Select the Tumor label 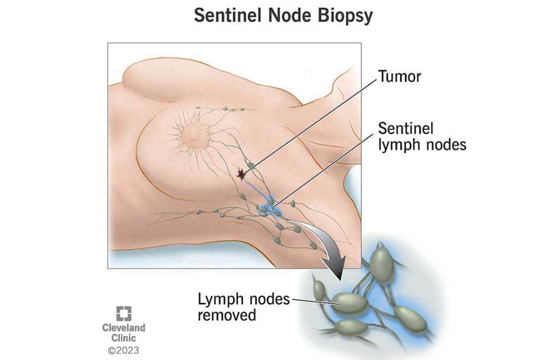click(x=400, y=77)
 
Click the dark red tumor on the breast click(x=240, y=174)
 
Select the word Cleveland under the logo click(x=123, y=328)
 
